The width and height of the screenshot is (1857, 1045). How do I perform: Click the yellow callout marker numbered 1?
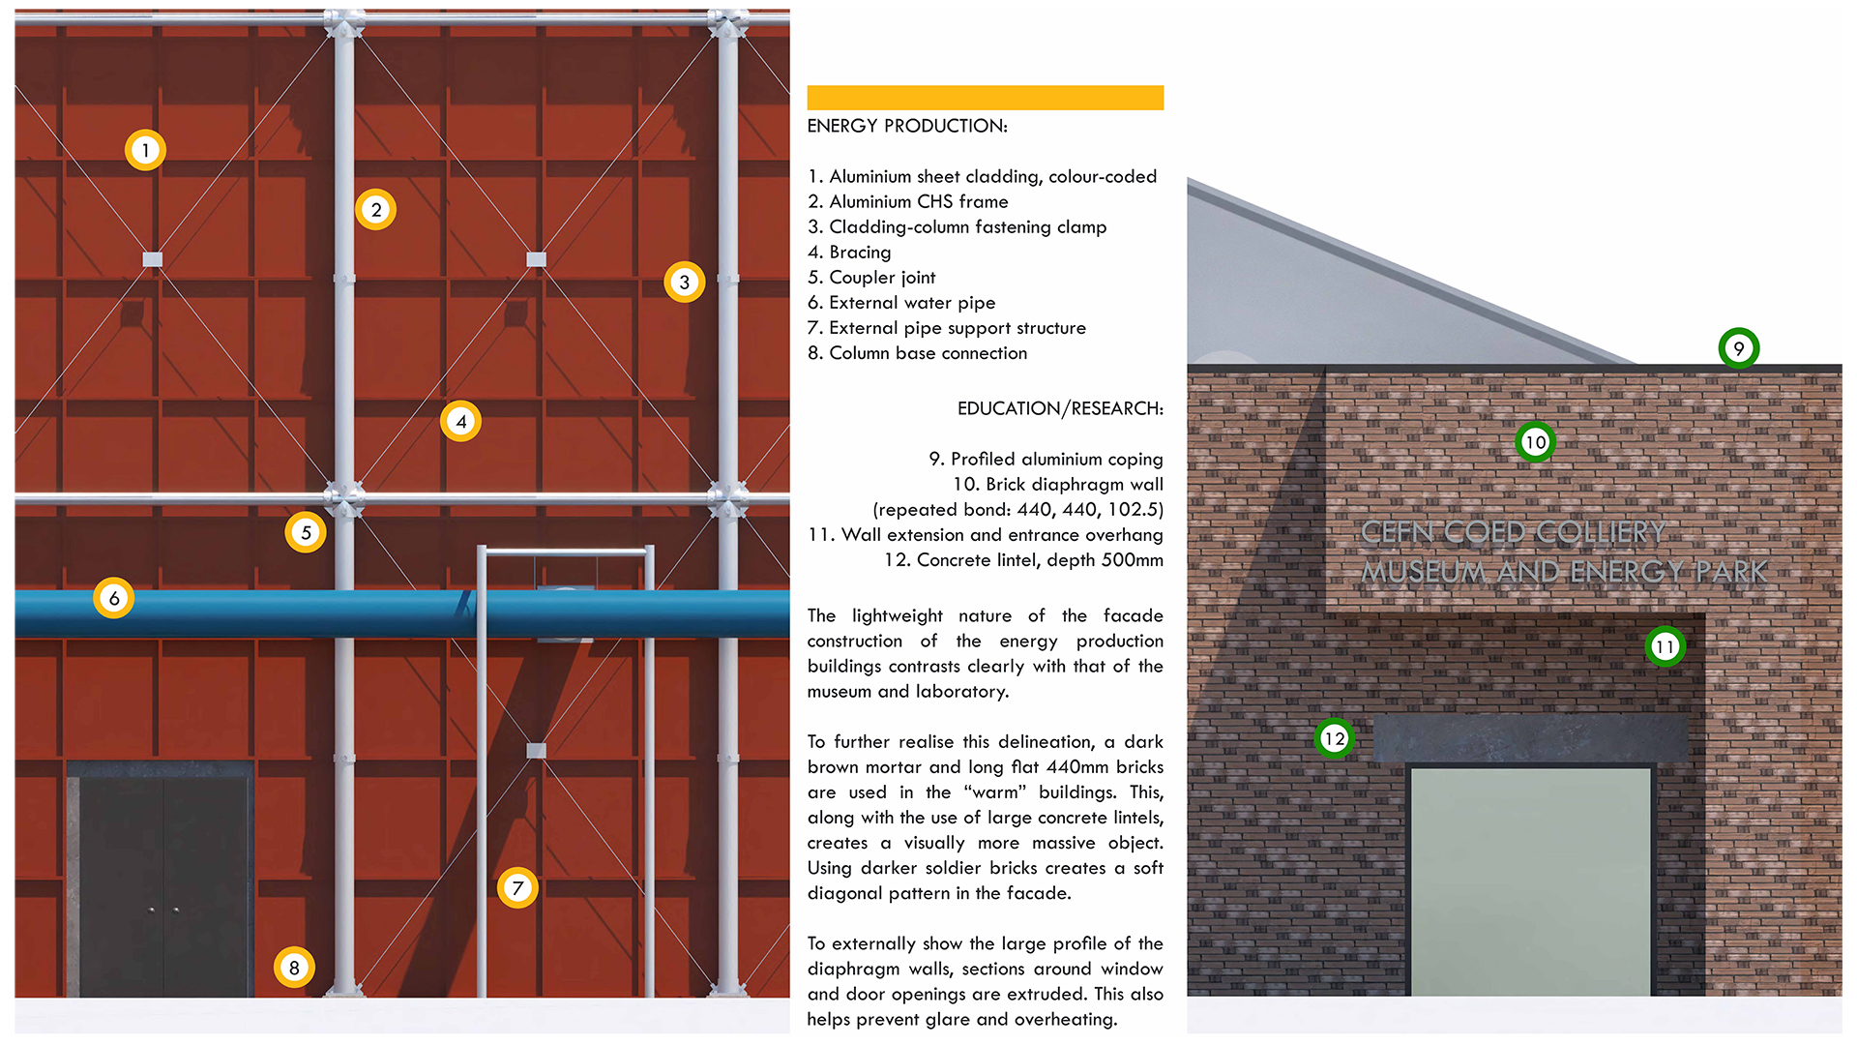pyautogui.click(x=145, y=150)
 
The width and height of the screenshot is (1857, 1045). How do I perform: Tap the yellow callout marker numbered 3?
pyautogui.click(x=684, y=282)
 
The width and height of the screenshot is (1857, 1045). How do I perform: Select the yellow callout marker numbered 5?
pyautogui.click(x=306, y=532)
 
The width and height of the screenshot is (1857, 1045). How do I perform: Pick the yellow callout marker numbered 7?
pyautogui.click(x=517, y=887)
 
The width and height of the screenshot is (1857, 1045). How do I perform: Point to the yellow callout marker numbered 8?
pyautogui.click(x=294, y=967)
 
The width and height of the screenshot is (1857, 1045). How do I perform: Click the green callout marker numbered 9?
pyautogui.click(x=1738, y=348)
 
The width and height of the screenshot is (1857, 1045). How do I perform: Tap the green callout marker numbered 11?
pyautogui.click(x=1665, y=646)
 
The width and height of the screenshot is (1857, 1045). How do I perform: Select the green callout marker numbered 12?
pyautogui.click(x=1334, y=738)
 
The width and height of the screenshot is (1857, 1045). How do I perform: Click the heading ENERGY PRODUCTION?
pyautogui.click(x=906, y=126)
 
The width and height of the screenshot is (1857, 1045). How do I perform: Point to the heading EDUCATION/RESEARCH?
pyautogui.click(x=1060, y=408)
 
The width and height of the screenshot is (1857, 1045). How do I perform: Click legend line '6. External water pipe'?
pyautogui.click(x=900, y=303)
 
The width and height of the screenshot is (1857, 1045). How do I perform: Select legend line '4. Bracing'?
pyautogui.click(x=848, y=253)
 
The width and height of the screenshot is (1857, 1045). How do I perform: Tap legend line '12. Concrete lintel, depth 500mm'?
pyautogui.click(x=1022, y=560)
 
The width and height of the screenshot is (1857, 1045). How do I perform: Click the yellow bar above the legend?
pyautogui.click(x=985, y=98)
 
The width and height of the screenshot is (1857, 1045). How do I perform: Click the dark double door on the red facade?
pyautogui.click(x=162, y=881)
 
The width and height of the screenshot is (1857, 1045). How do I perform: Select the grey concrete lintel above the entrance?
pyautogui.click(x=1529, y=738)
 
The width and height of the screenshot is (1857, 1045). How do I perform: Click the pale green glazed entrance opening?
pyautogui.click(x=1530, y=881)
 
